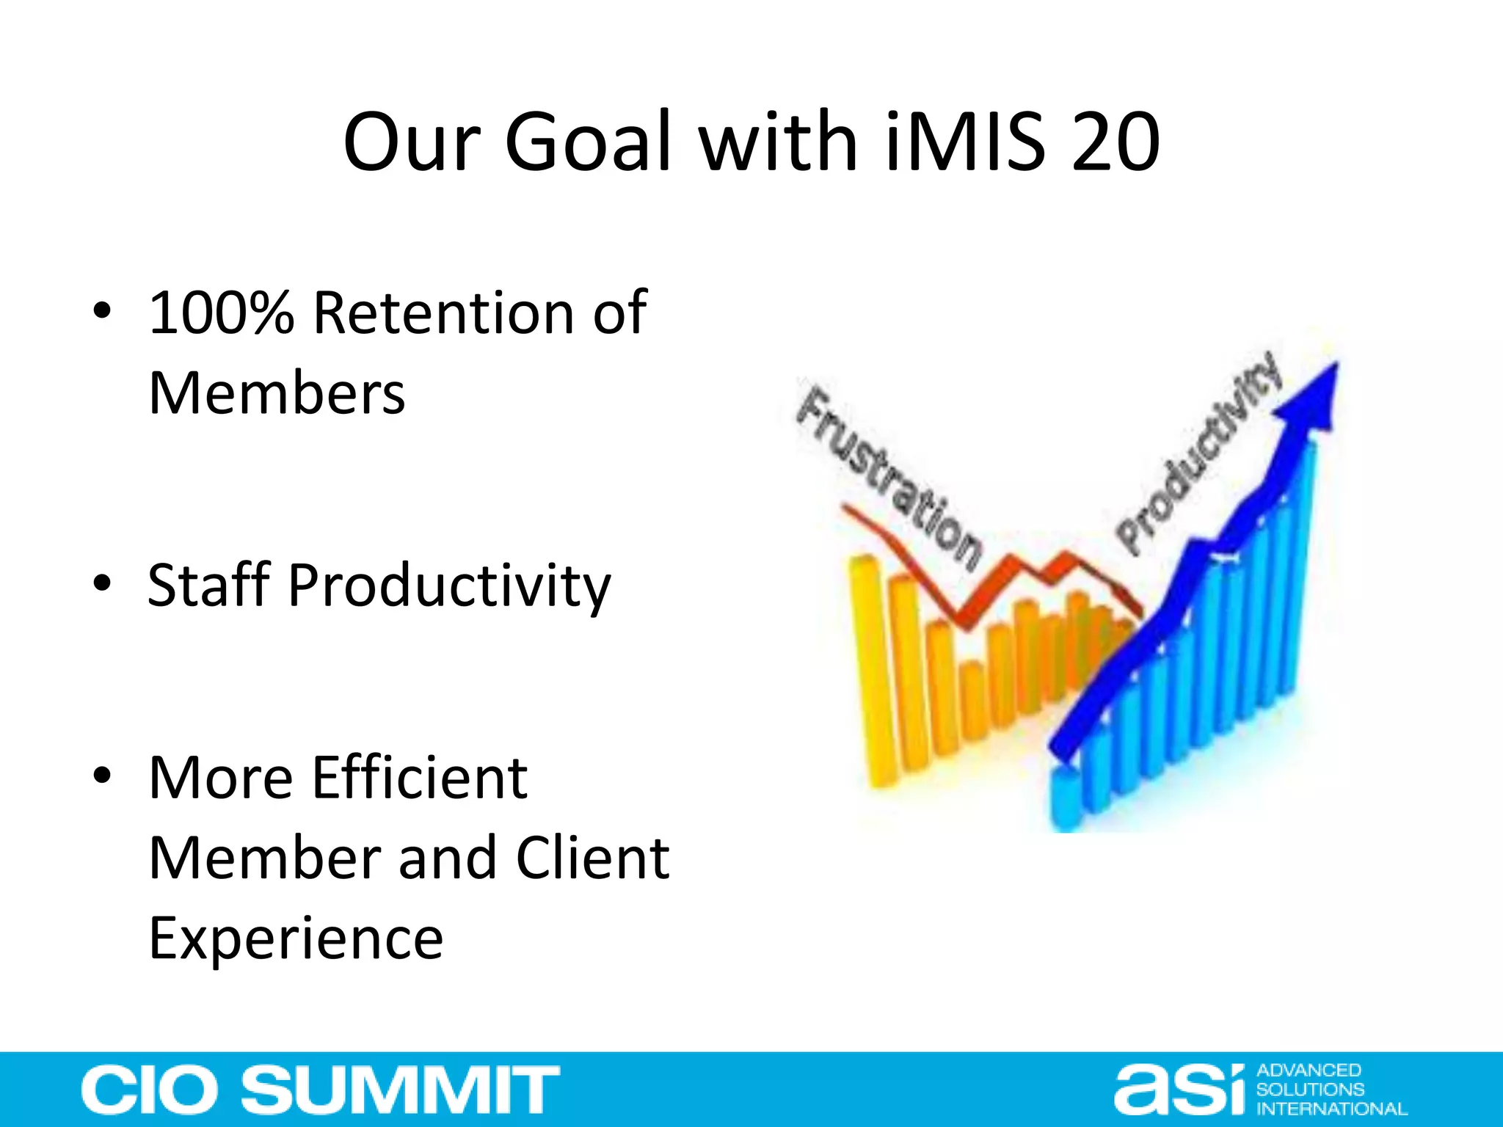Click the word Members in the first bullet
277,393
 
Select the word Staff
209,586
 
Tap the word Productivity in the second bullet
449,586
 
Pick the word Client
593,858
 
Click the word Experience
296,938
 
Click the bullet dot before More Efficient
102,775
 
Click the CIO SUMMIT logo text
321,1090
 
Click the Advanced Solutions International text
1330,1090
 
